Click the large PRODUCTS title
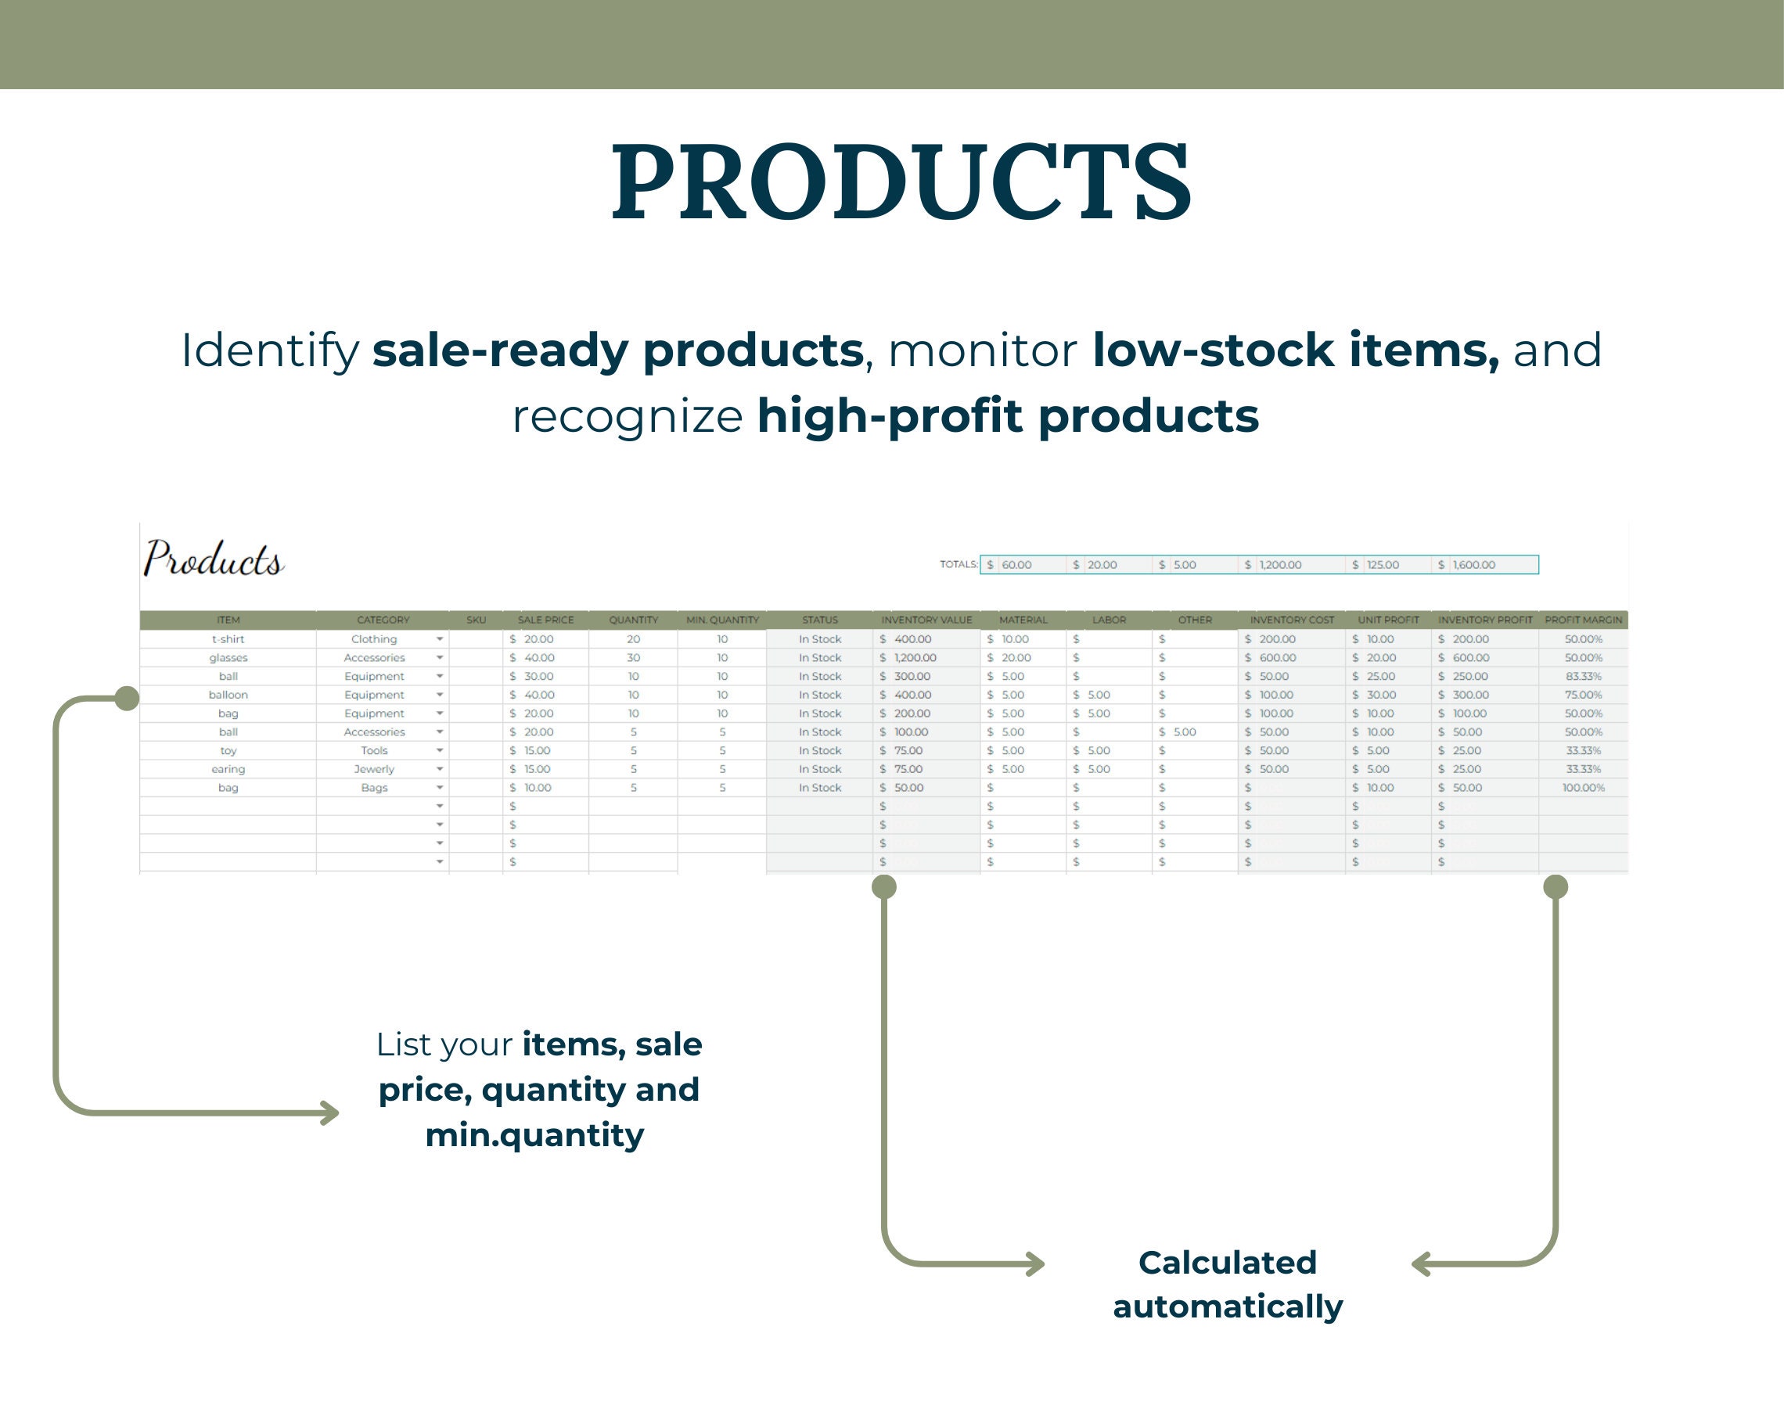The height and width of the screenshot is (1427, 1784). tap(901, 182)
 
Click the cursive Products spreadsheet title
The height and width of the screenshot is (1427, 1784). tap(214, 559)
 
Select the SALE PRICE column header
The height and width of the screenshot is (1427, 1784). tap(545, 620)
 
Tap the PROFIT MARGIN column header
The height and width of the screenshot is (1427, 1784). tap(1583, 620)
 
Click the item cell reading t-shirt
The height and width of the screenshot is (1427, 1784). tap(228, 639)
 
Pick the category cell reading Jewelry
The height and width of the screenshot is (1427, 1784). tap(374, 769)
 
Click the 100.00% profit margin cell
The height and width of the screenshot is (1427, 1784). tap(1583, 788)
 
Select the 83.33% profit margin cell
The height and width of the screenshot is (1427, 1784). tap(1583, 677)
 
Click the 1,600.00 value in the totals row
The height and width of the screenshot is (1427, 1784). tap(1473, 565)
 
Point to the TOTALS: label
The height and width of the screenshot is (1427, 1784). tap(959, 564)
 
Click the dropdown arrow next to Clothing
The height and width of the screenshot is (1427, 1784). tap(440, 639)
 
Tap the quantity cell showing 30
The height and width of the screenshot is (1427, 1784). tap(633, 658)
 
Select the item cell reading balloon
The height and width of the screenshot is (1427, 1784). tap(228, 695)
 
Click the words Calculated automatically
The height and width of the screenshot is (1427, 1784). tap(1227, 1284)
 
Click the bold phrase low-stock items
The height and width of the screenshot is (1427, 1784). tap(1295, 350)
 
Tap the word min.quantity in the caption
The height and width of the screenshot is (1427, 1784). tap(534, 1134)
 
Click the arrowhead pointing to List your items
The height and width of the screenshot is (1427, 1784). tap(331, 1112)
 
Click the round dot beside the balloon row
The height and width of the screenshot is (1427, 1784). tap(127, 699)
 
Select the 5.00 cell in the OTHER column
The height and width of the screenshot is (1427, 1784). tap(1184, 732)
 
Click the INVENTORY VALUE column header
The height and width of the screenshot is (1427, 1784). tap(926, 620)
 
